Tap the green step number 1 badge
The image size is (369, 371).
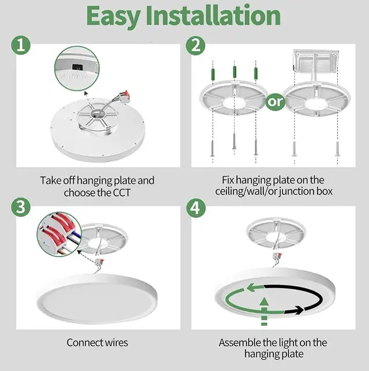(x=21, y=46)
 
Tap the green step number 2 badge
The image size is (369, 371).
(x=197, y=46)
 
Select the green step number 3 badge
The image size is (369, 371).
(x=21, y=208)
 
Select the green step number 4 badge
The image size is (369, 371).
(x=197, y=208)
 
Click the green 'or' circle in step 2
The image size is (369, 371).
(x=276, y=103)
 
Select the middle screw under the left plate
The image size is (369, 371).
(x=234, y=142)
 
